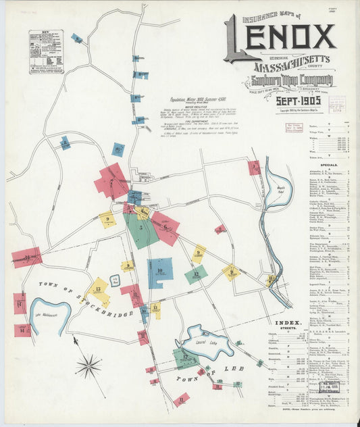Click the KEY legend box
tap(46, 51)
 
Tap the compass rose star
tap(88, 367)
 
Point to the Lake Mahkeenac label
tap(46, 314)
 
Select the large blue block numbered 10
tap(159, 273)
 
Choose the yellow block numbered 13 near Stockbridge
tap(99, 291)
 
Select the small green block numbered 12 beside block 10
tap(196, 274)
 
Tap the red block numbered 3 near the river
tap(254, 167)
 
